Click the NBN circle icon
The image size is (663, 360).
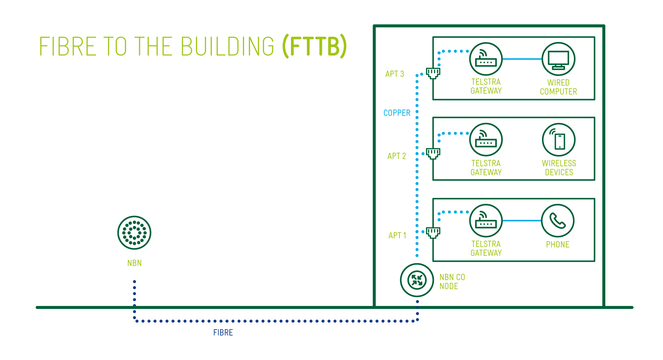click(134, 233)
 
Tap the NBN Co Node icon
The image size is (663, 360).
click(417, 280)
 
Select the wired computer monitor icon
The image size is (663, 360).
click(558, 59)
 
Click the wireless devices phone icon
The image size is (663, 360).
click(559, 140)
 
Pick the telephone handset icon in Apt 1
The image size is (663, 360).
click(558, 221)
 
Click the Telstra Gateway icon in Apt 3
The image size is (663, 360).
click(486, 59)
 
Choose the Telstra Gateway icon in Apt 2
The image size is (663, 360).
click(486, 140)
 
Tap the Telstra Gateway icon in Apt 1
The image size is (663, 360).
click(486, 221)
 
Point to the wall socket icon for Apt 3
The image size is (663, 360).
click(433, 73)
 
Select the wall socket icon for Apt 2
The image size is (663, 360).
click(433, 153)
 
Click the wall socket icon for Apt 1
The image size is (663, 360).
click(433, 232)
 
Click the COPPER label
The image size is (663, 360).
click(397, 113)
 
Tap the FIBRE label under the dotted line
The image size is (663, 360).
click(223, 332)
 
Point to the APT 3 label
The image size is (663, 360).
click(394, 74)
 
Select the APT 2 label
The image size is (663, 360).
click(396, 156)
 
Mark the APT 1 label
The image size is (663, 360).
click(397, 235)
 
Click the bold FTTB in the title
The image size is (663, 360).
click(315, 46)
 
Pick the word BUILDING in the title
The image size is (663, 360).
click(227, 46)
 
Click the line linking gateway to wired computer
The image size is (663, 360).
click(522, 59)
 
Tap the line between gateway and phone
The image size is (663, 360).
click(522, 220)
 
